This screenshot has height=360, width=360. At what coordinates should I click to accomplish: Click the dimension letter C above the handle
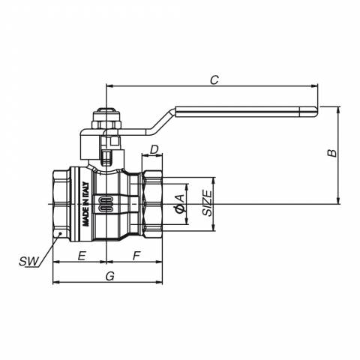click(214, 79)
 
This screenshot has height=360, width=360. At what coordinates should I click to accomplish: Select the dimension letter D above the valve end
click(154, 149)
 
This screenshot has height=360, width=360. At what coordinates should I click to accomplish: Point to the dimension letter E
click(82, 256)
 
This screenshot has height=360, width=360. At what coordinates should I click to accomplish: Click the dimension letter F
click(136, 256)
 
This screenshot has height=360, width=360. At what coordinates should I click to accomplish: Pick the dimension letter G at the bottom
click(110, 276)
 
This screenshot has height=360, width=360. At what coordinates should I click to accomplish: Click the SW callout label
click(29, 262)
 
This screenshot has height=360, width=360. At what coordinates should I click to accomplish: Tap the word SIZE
click(207, 203)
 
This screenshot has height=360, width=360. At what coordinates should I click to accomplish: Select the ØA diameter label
click(180, 204)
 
